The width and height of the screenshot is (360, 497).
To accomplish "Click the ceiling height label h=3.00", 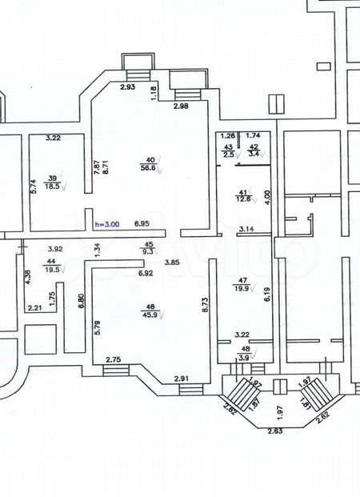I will pos(107,226).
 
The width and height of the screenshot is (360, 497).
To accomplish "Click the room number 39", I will pos(53,178).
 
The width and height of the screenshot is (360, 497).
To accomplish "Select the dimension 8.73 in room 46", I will pos(206,305).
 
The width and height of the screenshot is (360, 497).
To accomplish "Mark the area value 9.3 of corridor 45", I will pos(147,252).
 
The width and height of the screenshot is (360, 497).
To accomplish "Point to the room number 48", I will pos(246,349).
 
